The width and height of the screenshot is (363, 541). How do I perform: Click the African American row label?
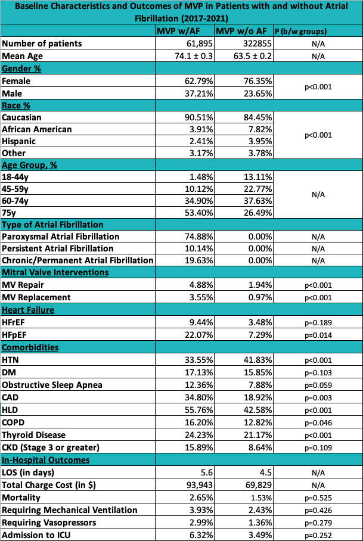pos(37,129)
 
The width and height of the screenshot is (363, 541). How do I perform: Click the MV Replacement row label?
pos(36,297)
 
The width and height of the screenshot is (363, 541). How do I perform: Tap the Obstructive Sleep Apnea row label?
pos(52,385)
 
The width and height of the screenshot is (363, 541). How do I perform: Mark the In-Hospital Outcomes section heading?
pos(46,460)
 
